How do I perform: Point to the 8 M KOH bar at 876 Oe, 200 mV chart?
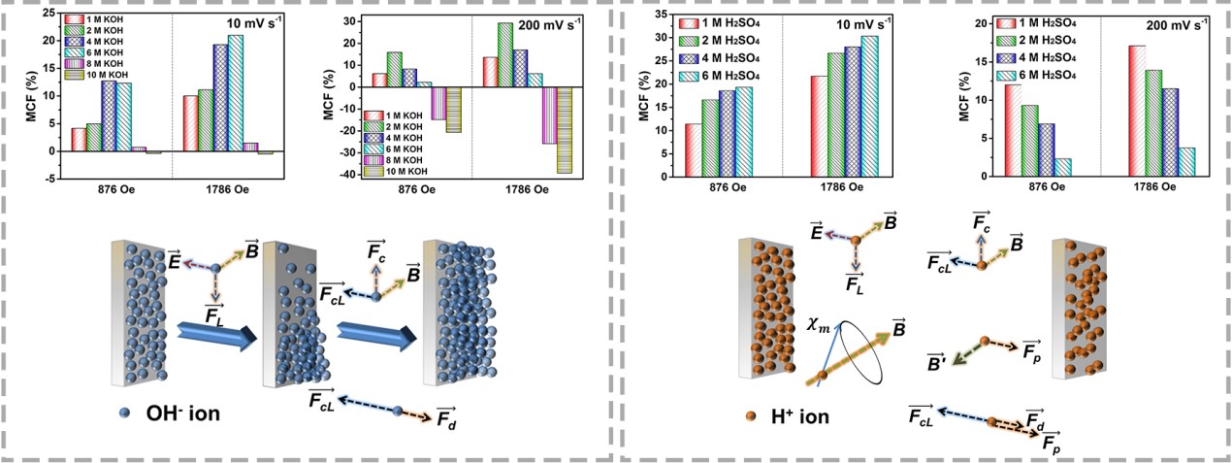439,104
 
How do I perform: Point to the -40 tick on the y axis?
340,176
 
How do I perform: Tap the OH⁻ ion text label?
185,413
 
